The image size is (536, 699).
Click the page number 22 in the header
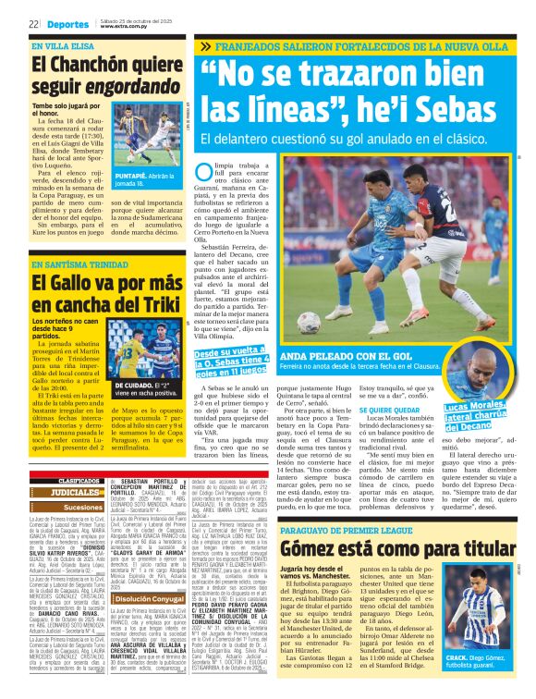32,22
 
